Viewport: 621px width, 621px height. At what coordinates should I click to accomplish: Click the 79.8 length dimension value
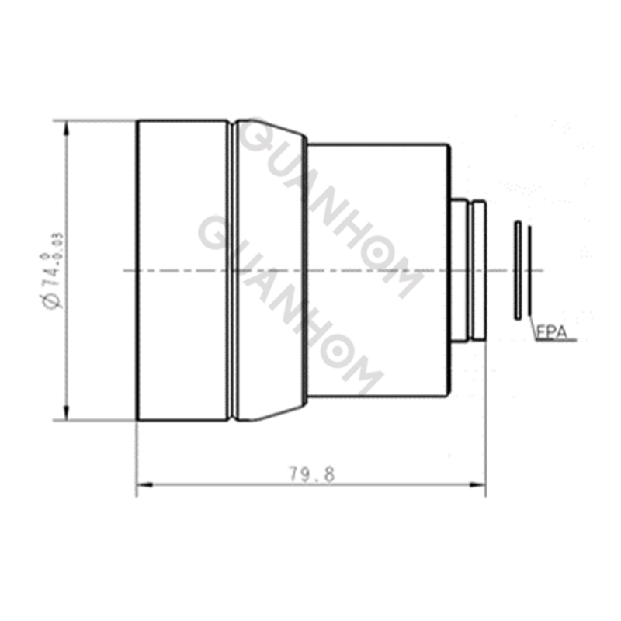click(x=312, y=474)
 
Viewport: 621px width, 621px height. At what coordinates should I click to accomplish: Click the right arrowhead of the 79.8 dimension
click(x=480, y=486)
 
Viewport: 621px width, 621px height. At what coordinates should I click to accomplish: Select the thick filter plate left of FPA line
click(x=516, y=269)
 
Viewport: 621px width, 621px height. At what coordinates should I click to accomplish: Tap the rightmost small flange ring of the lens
click(x=479, y=270)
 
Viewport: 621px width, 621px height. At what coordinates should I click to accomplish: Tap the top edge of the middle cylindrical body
click(x=376, y=144)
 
